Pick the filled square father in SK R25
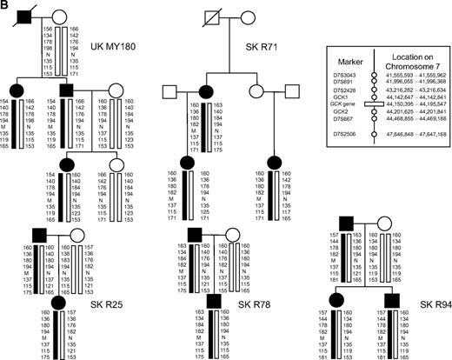tap(37, 235)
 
